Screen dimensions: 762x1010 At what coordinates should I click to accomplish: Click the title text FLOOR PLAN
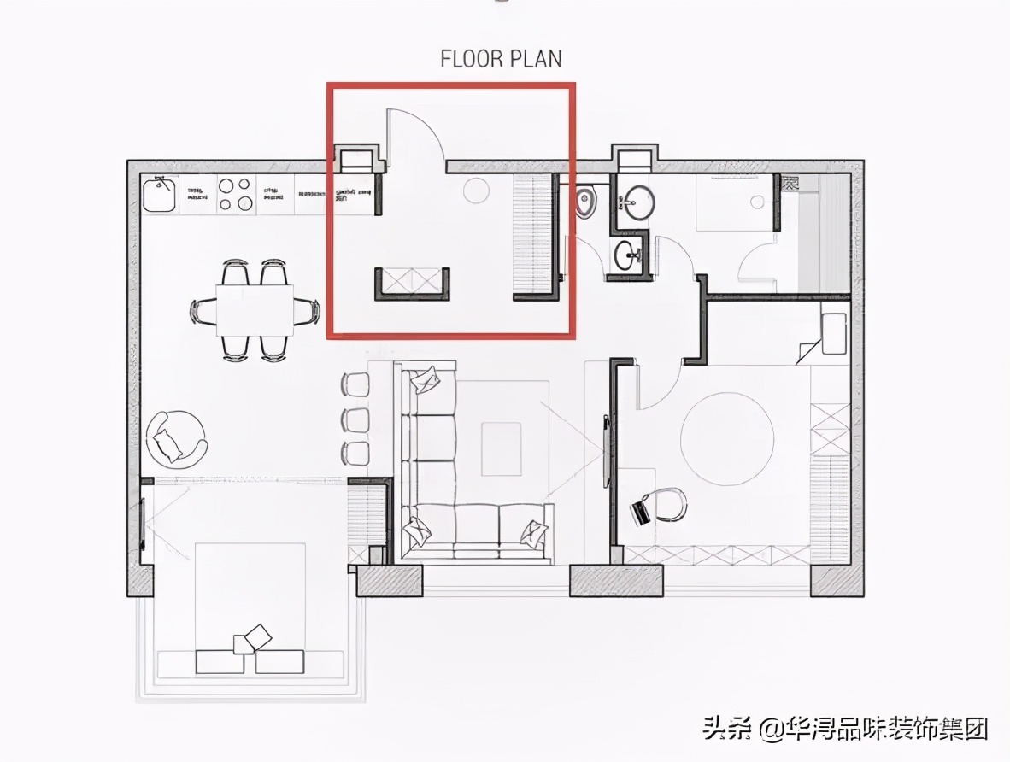[501, 59]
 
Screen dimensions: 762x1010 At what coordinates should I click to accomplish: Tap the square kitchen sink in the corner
[160, 194]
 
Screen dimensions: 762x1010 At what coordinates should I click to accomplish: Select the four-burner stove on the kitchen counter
[235, 193]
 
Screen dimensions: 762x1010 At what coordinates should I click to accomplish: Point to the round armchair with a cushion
[176, 438]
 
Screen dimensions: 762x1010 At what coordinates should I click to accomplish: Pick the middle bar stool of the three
[355, 419]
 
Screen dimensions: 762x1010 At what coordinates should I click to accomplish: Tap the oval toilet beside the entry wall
[585, 202]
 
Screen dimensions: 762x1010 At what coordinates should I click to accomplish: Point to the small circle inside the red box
[473, 191]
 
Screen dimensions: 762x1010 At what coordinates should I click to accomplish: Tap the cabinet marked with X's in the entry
[412, 283]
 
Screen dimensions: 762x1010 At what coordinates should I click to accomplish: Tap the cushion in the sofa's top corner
[425, 378]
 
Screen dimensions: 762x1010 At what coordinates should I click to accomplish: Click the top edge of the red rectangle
[451, 85]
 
